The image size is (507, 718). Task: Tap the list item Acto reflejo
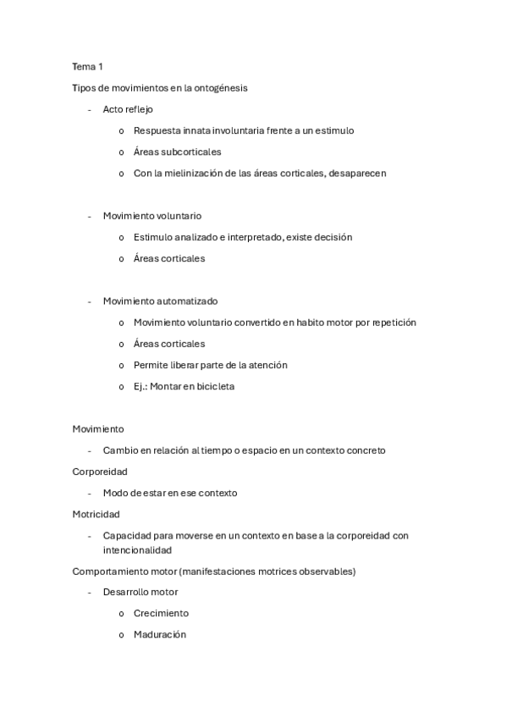point(128,109)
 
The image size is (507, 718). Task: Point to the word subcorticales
point(191,152)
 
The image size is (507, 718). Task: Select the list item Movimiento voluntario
point(152,216)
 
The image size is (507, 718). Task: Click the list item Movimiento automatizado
point(160,301)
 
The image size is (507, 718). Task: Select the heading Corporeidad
point(99,471)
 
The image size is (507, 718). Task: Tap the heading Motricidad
point(96,514)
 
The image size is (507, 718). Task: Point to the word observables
point(323,571)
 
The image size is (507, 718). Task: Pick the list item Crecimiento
point(161,613)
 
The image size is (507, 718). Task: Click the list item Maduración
point(159,634)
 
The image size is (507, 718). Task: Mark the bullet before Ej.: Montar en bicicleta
point(122,387)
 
